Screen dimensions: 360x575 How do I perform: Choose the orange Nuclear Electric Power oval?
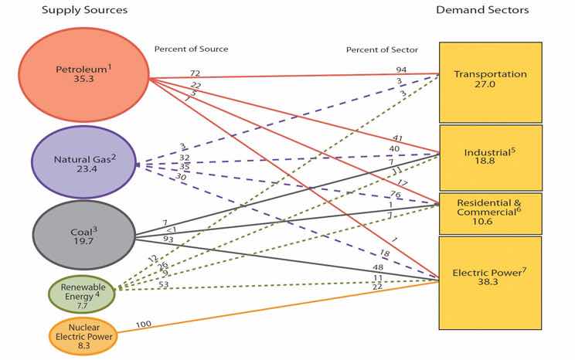83,336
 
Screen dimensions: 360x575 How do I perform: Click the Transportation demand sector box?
490,80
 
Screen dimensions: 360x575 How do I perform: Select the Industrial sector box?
490,158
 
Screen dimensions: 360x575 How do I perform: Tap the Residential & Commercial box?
490,213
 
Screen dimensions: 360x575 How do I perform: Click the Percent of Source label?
191,49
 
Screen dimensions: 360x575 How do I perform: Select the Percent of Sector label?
382,50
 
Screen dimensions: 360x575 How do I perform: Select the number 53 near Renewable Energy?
164,284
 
